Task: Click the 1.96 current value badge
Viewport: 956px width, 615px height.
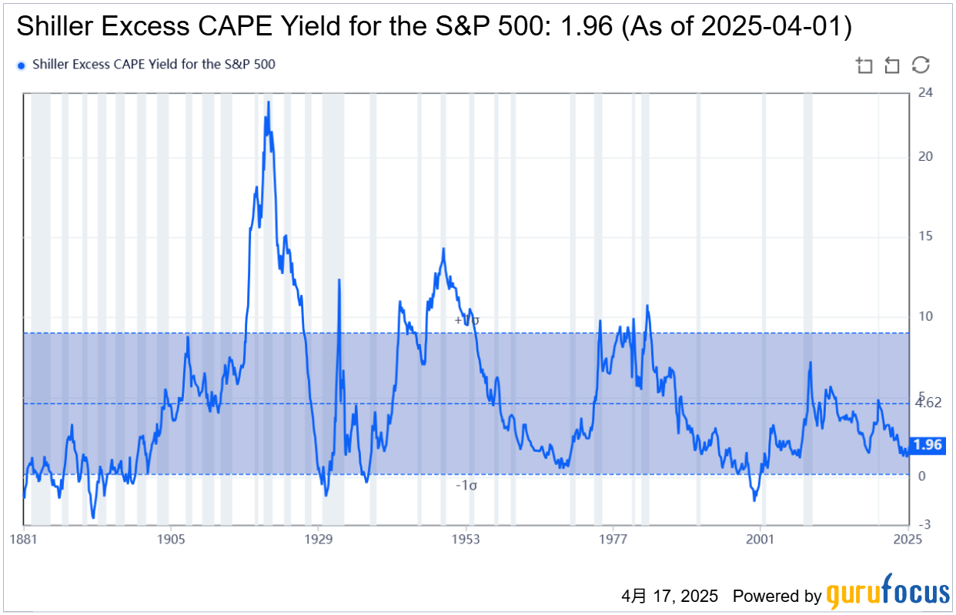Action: click(x=927, y=445)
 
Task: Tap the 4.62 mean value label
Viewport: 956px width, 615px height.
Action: click(x=928, y=403)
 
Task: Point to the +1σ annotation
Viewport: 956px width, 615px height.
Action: click(x=466, y=319)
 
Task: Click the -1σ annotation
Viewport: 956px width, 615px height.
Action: click(x=466, y=485)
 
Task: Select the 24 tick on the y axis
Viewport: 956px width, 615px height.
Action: click(x=925, y=93)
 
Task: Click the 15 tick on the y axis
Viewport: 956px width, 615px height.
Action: click(x=925, y=236)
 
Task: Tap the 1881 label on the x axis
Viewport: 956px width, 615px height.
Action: click(x=23, y=540)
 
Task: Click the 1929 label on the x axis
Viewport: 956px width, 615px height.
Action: click(x=319, y=540)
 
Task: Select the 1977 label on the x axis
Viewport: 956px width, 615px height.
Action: click(x=613, y=540)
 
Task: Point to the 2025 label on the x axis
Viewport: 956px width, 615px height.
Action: click(x=908, y=540)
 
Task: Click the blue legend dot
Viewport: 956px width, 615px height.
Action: click(x=22, y=65)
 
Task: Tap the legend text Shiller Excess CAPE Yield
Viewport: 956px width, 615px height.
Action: click(x=153, y=65)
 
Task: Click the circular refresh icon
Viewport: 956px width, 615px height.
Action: click(x=921, y=65)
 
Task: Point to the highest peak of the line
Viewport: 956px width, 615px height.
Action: click(x=268, y=102)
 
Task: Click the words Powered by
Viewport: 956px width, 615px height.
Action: click(x=777, y=596)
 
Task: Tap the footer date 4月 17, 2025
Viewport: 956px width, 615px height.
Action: click(x=670, y=596)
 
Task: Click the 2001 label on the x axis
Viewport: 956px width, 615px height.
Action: click(x=760, y=540)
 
